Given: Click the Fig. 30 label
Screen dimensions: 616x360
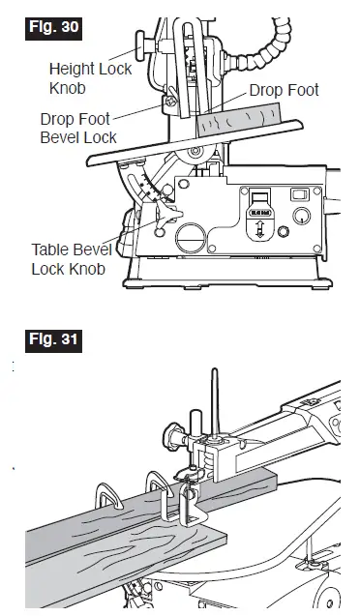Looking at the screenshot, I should (49, 26).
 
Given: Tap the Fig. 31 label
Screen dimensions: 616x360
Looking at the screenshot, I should (49, 341).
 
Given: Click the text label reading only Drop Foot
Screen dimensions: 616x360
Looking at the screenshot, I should (284, 90).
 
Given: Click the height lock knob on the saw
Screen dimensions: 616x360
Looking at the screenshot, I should (142, 43).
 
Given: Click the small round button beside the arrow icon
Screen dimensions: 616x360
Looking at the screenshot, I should (282, 233).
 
